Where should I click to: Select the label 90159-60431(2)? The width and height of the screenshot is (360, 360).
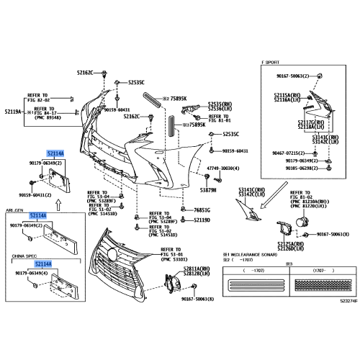tap(26, 195)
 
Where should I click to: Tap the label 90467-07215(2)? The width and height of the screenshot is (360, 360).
tap(288, 153)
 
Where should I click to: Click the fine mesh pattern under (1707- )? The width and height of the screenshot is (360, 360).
tap(314, 284)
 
